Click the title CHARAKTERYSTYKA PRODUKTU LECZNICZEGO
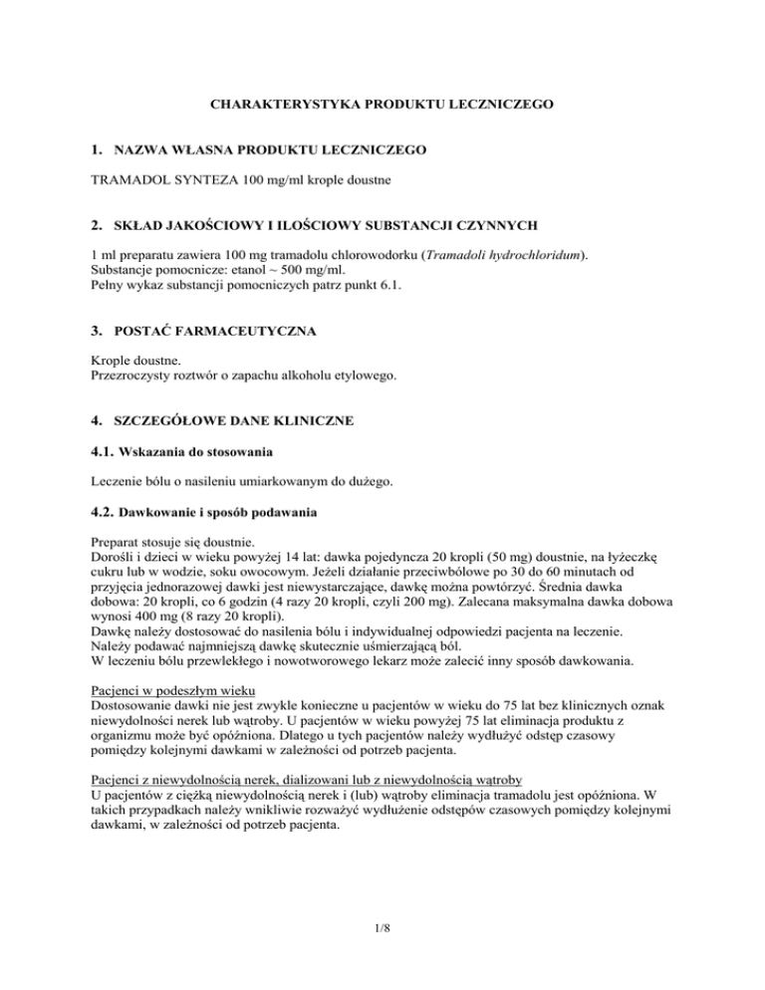[382, 103]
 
